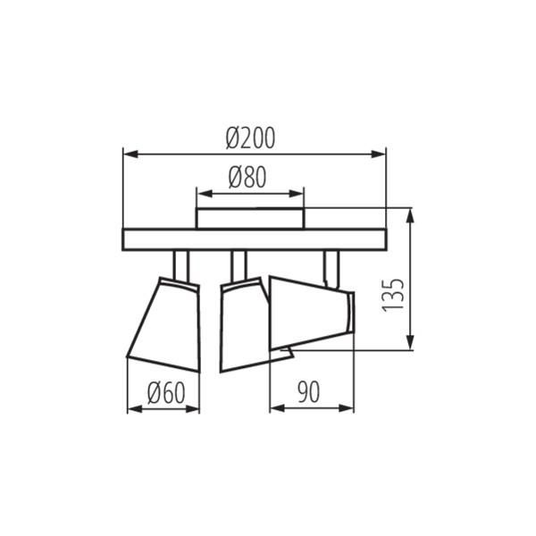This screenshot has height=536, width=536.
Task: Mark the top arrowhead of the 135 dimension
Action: [x=410, y=214]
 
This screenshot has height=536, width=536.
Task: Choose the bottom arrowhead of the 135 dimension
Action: [x=410, y=344]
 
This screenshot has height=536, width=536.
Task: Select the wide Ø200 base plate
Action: [x=254, y=239]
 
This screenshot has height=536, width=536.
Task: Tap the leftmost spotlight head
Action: [x=167, y=326]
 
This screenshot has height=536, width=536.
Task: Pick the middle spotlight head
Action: [x=243, y=326]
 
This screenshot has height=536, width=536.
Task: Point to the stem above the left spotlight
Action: [x=180, y=264]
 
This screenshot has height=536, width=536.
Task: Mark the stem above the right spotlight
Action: [x=331, y=266]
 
